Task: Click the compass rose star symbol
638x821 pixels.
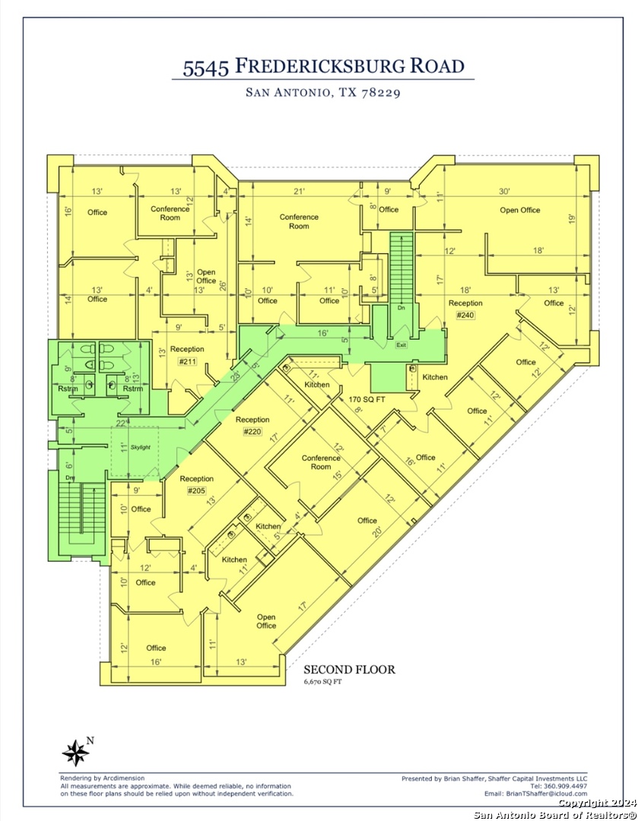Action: pyautogui.click(x=75, y=753)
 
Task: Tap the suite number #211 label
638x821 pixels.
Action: pyautogui.click(x=187, y=361)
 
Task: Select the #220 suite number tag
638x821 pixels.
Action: pyautogui.click(x=252, y=432)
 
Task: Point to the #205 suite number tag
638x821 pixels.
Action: pyautogui.click(x=197, y=491)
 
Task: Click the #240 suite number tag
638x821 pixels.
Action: pyautogui.click(x=465, y=315)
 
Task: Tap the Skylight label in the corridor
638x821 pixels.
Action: pyautogui.click(x=141, y=447)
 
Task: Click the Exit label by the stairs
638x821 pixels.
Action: pyautogui.click(x=401, y=345)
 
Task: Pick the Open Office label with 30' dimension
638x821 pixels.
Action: pyautogui.click(x=519, y=210)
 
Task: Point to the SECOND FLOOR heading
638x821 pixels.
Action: pyautogui.click(x=349, y=670)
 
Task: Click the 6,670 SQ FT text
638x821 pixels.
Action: pyautogui.click(x=324, y=683)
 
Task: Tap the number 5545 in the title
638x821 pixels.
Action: pyautogui.click(x=205, y=68)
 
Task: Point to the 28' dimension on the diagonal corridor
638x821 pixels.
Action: pyautogui.click(x=234, y=375)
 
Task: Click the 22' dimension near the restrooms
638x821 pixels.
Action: pyautogui.click(x=121, y=423)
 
